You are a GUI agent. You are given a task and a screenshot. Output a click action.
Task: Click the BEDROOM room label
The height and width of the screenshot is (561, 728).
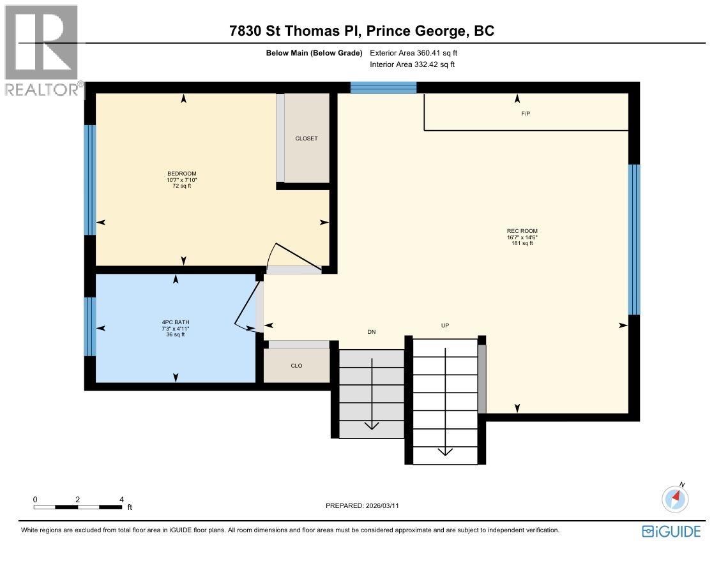[x=182, y=174]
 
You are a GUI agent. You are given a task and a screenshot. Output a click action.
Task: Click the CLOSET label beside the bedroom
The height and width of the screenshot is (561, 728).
[x=307, y=138]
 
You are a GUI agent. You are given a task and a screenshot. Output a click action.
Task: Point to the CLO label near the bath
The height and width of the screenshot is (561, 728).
[x=296, y=366]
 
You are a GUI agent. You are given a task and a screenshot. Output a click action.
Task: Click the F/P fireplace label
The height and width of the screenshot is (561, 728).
[x=526, y=114]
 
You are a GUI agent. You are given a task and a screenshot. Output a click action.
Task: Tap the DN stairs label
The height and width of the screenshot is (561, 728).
[x=372, y=332]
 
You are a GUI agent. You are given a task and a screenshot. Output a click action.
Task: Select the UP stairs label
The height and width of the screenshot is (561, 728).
[x=445, y=325]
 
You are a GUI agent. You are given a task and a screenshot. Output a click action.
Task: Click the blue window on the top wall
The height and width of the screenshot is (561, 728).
[x=383, y=87]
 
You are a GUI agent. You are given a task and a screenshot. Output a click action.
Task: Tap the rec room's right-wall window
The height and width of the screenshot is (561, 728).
[x=633, y=240]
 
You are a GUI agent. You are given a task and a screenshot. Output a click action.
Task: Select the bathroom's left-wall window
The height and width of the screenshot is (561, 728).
[x=90, y=326]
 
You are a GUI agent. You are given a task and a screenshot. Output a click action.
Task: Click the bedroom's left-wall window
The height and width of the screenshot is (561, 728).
[x=90, y=179]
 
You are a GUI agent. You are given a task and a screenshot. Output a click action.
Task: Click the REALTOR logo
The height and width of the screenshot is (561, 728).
[x=42, y=51]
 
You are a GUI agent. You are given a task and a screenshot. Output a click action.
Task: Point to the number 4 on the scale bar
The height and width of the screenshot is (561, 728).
[x=121, y=500]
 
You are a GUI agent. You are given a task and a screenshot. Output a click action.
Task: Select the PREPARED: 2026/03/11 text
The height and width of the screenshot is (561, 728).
[x=362, y=505]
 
